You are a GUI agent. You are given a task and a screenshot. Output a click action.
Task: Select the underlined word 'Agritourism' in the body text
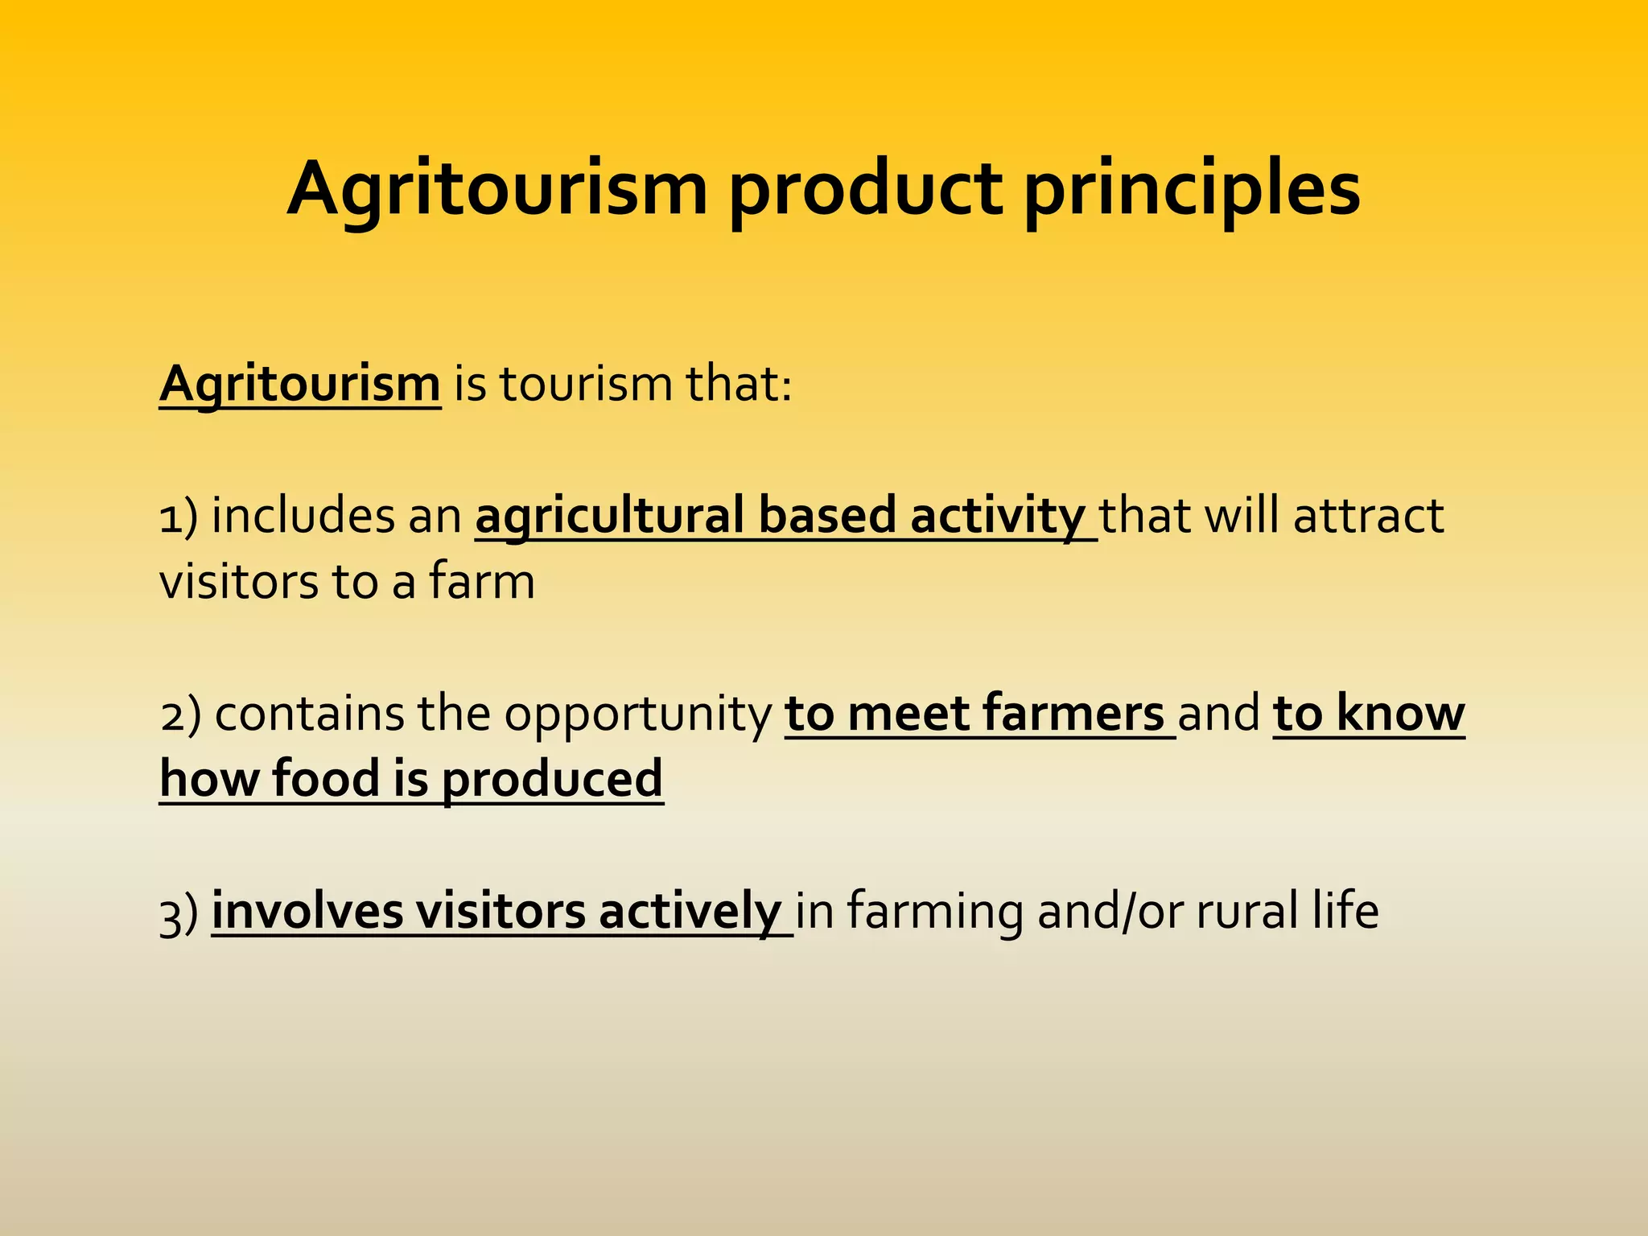coord(300,384)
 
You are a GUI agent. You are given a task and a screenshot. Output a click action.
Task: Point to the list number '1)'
coord(178,516)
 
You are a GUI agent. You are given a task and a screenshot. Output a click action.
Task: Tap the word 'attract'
coord(1368,516)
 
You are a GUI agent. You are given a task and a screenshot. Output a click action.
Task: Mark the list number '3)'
coord(179,913)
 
